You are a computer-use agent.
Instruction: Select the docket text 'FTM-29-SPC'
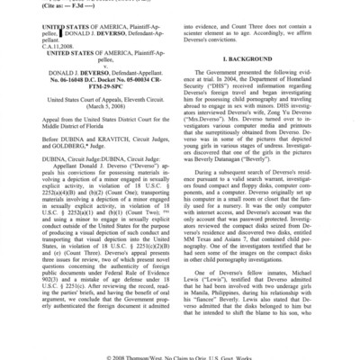coord(107,114)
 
